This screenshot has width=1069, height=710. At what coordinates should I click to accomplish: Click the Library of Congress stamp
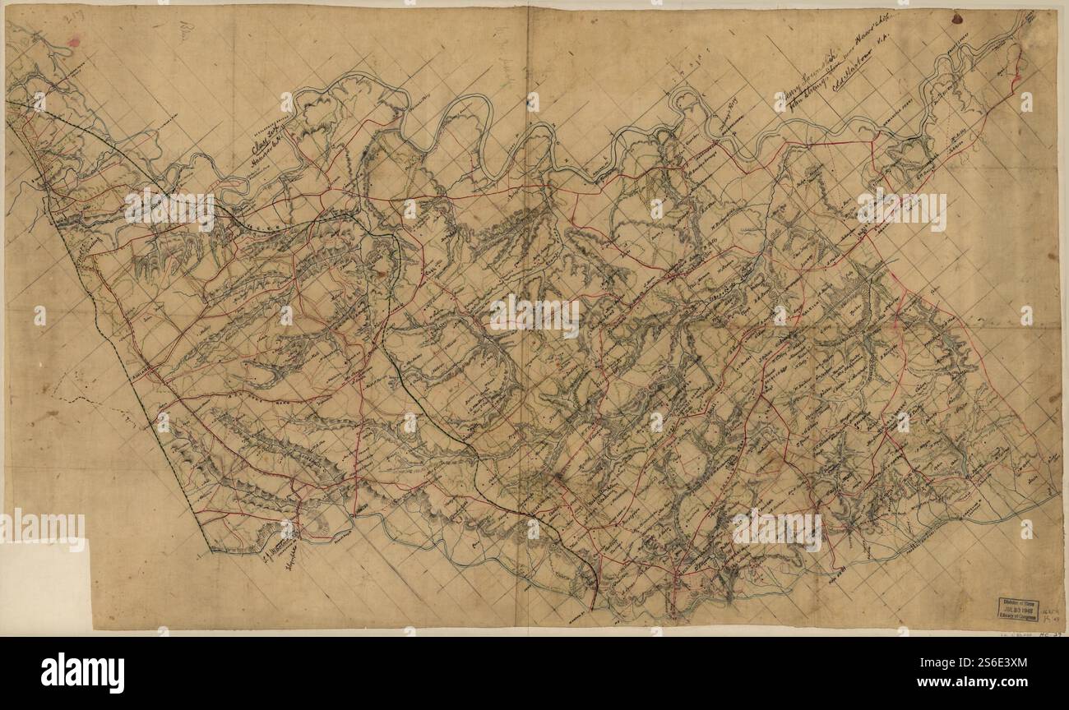point(1017,608)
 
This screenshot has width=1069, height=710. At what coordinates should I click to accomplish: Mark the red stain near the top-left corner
point(74,42)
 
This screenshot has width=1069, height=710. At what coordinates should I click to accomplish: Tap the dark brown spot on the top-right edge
point(958,17)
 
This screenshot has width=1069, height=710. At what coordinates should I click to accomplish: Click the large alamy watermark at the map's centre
point(534,316)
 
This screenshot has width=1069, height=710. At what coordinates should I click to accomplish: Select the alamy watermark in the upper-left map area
point(169,210)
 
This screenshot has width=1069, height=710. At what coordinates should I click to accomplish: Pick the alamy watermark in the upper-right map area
point(901,210)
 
